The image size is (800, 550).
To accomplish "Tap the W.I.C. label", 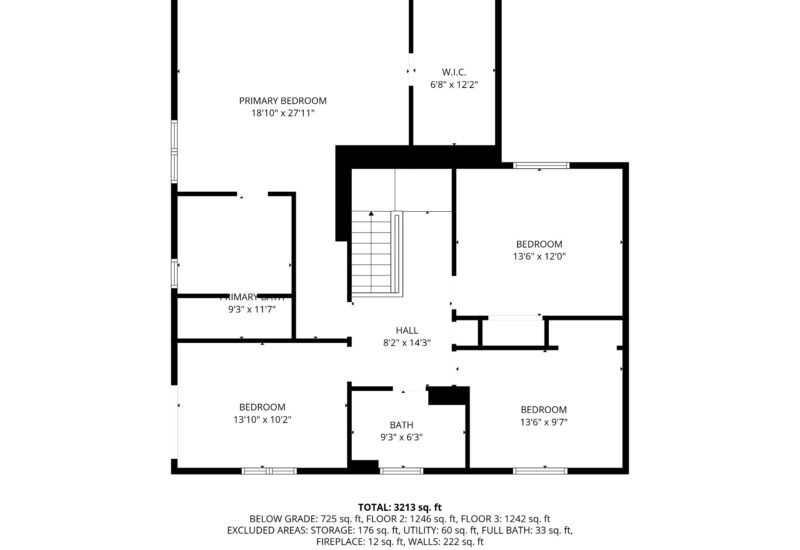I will tap(454, 71).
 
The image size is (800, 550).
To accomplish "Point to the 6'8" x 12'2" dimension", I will tap(454, 85).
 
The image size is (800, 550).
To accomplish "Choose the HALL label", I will tap(407, 330).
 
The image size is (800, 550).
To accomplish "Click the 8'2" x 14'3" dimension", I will tap(407, 343).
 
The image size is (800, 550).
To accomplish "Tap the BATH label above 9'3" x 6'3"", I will tap(401, 424).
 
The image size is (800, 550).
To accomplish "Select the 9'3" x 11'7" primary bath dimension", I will tap(251, 310).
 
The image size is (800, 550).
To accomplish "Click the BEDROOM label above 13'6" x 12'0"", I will tap(539, 244).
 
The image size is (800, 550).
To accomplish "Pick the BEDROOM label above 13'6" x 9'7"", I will tap(543, 409).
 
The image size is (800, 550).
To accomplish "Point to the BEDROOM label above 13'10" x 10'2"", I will tap(262, 407).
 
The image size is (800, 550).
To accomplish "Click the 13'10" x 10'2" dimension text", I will tap(262, 420).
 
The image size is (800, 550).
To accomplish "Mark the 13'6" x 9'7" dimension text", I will tap(543, 422).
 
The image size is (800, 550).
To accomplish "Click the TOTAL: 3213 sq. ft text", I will tap(399, 507).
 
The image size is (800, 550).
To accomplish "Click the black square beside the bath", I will tap(448, 395).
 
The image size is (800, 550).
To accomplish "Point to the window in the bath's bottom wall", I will tap(401, 470).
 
